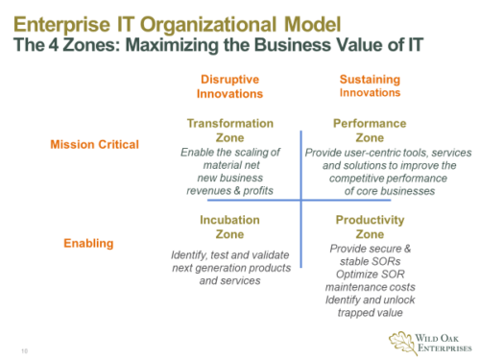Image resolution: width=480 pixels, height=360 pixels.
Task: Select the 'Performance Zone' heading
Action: (357, 131)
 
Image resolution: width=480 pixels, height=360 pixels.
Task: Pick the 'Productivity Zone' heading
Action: (357, 226)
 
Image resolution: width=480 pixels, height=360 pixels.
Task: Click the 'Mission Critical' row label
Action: (94, 145)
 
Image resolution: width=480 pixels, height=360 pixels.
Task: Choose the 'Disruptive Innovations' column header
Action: (229, 86)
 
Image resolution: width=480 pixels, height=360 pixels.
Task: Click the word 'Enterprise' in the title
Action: (67, 20)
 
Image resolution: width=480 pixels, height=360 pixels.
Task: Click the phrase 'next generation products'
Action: (229, 270)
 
